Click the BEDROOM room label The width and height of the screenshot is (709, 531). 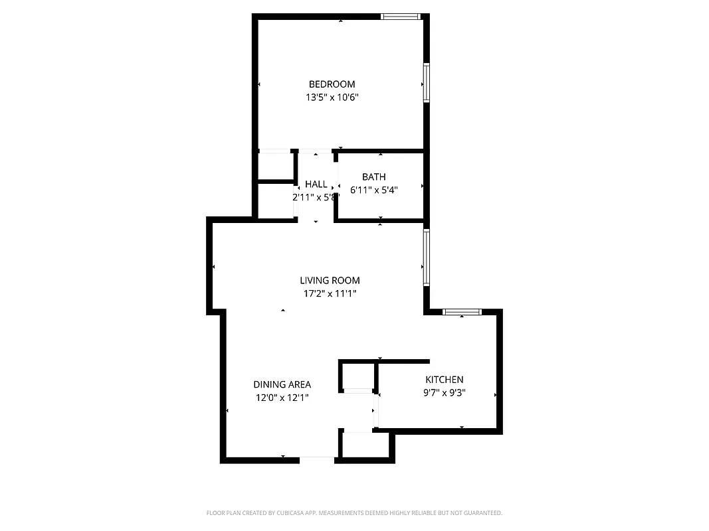pyautogui.click(x=332, y=84)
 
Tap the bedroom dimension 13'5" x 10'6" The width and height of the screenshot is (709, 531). pyautogui.click(x=332, y=98)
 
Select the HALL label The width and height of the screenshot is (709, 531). pyautogui.click(x=316, y=184)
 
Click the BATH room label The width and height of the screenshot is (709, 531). pyautogui.click(x=373, y=177)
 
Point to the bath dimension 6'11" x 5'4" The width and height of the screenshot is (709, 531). pyautogui.click(x=373, y=190)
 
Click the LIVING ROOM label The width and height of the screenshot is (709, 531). pyautogui.click(x=330, y=281)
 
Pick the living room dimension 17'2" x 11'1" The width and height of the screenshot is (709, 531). pyautogui.click(x=330, y=293)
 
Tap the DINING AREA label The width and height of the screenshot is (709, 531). pyautogui.click(x=282, y=384)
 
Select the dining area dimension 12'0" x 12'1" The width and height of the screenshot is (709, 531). pyautogui.click(x=282, y=398)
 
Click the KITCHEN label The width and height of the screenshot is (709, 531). pyautogui.click(x=444, y=380)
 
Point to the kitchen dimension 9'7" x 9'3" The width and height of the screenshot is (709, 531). pyautogui.click(x=444, y=392)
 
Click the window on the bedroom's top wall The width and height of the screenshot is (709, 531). pyautogui.click(x=401, y=17)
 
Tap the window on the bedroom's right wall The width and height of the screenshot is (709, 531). pyautogui.click(x=426, y=83)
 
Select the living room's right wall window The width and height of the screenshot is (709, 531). pyautogui.click(x=426, y=258)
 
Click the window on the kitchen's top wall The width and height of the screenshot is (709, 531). pyautogui.click(x=462, y=312)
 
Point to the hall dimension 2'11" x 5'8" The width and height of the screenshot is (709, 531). pyautogui.click(x=316, y=197)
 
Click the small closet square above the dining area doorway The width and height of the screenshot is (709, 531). pyautogui.click(x=358, y=375)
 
